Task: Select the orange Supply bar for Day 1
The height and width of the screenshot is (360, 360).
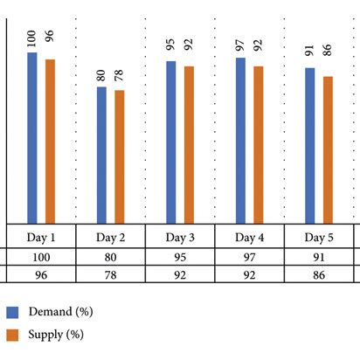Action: coord(50,142)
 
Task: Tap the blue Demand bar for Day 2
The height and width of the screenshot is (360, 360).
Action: coord(101,155)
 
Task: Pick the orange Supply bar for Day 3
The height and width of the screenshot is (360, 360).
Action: coord(189,145)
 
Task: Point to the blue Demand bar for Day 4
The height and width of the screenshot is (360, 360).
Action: coord(240,141)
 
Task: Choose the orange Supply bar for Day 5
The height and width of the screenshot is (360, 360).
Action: coord(328,150)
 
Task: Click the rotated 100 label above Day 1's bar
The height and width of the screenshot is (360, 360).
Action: coord(31,37)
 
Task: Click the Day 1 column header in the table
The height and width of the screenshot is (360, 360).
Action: coord(40,238)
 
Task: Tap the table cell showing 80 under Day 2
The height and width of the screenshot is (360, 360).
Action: coord(110,258)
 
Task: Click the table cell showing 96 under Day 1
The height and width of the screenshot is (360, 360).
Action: coord(40,274)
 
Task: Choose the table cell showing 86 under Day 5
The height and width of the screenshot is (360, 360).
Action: coord(319,274)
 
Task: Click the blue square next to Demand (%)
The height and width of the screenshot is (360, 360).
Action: coord(12,312)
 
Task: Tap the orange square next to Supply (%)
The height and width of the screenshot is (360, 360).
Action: coord(12,335)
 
